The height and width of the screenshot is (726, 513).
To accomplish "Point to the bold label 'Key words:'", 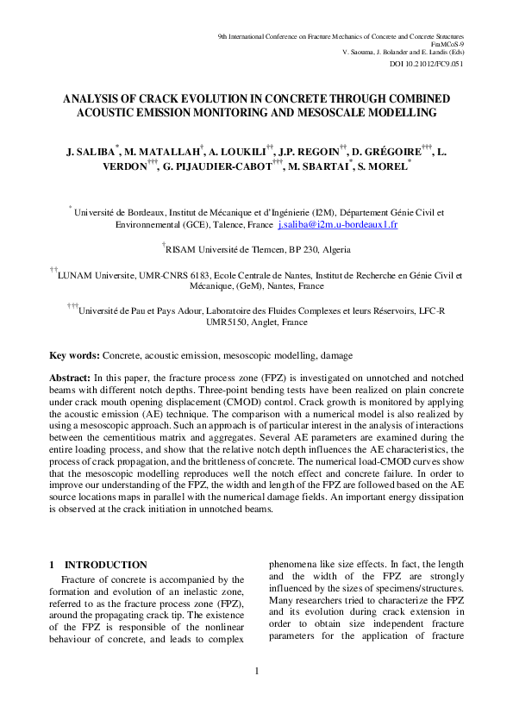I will click(x=75, y=355).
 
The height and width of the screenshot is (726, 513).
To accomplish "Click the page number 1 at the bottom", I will click(x=256, y=670).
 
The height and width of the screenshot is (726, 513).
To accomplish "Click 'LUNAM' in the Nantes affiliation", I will click(x=77, y=277).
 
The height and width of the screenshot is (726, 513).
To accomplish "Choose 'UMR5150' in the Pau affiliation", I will click(x=228, y=322).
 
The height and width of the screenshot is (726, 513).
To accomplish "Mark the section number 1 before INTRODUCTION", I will click(x=53, y=565).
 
